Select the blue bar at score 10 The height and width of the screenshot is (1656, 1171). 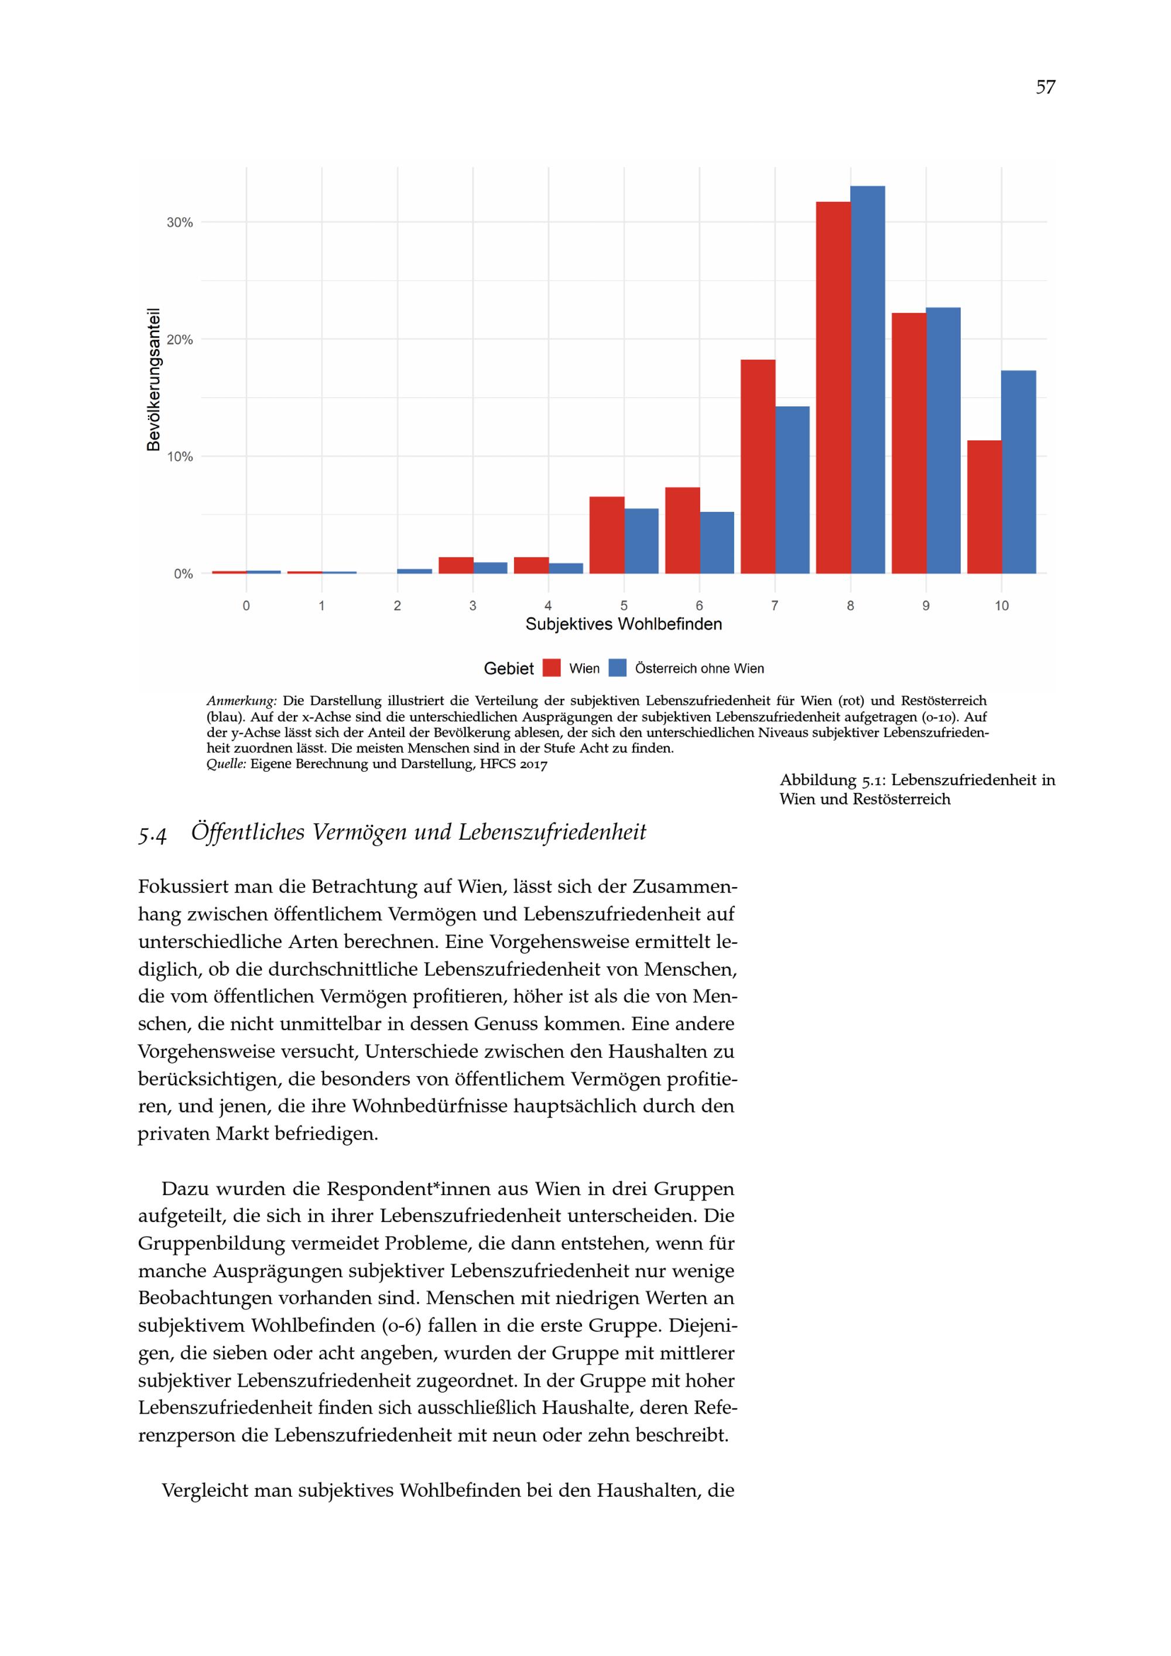pos(1018,472)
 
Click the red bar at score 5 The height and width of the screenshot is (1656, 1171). pos(607,535)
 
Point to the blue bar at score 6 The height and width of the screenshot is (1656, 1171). pos(717,542)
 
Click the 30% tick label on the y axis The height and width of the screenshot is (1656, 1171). pos(180,223)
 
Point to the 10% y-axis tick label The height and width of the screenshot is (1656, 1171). pos(180,457)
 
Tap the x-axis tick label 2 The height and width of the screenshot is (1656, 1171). pos(398,606)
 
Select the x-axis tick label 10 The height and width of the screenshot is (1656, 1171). pos(1002,606)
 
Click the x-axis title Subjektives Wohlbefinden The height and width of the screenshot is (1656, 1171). pos(624,625)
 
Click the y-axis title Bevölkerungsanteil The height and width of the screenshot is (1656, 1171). pos(153,379)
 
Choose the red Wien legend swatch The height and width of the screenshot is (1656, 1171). pos(552,669)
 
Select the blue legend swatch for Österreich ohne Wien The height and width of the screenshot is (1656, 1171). pos(618,669)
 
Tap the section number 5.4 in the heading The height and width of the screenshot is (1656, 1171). pos(152,834)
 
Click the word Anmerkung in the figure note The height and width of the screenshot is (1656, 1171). pos(242,701)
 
